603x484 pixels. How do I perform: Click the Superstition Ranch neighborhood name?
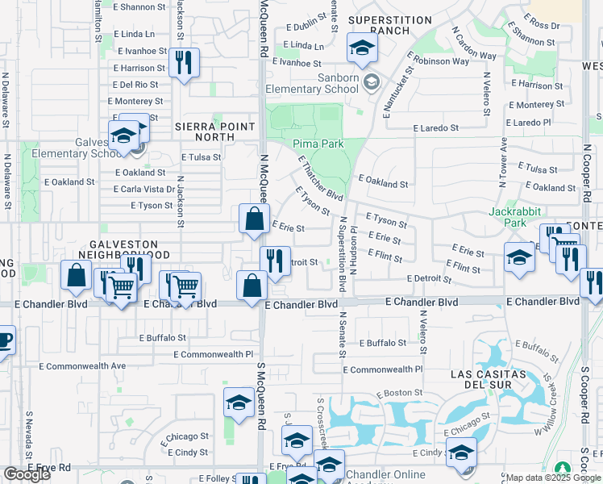click(x=379, y=24)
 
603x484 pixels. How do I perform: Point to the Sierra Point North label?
click(x=214, y=132)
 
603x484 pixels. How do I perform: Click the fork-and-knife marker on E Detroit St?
click(x=276, y=260)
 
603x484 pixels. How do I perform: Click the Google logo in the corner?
click(x=27, y=474)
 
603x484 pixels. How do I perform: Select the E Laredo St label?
click(x=436, y=127)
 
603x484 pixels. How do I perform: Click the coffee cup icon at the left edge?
click(x=4, y=340)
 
